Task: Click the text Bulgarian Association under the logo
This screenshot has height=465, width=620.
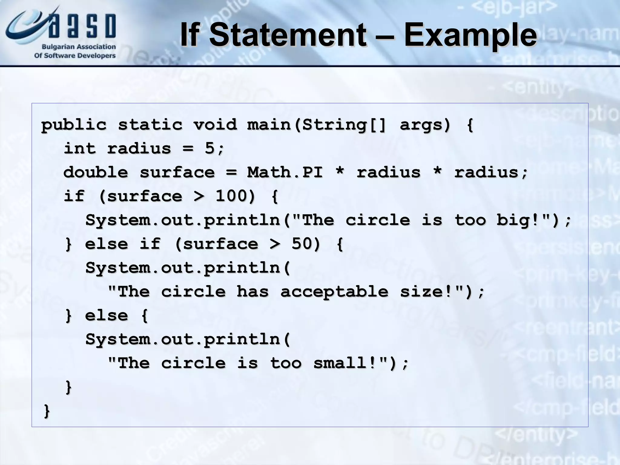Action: click(79, 47)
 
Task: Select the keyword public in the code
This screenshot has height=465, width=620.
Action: click(74, 125)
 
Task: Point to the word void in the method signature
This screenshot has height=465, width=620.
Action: click(215, 124)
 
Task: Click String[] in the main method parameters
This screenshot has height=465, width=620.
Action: click(344, 124)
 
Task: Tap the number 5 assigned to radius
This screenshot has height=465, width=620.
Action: click(209, 148)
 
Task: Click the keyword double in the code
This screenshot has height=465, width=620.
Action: click(96, 172)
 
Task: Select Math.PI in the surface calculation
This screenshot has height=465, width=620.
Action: click(285, 172)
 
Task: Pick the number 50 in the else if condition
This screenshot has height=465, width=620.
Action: click(302, 244)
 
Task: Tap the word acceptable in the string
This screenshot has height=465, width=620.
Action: click(334, 292)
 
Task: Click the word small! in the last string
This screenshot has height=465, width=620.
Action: click(345, 363)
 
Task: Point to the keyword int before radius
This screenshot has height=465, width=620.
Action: click(80, 148)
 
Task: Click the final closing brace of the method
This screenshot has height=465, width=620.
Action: click(47, 411)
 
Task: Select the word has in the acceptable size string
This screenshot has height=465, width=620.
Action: click(252, 292)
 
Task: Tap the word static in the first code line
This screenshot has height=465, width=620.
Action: click(150, 124)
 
